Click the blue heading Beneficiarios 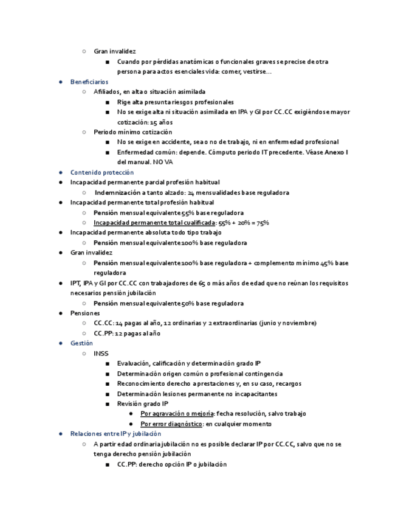[x=89, y=82]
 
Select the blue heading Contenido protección [x=101, y=172]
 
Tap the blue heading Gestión [x=81, y=343]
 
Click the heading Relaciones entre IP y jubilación [x=115, y=434]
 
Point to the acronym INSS [x=101, y=354]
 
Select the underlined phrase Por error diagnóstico [x=171, y=424]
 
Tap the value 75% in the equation [x=262, y=223]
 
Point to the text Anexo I [x=336, y=152]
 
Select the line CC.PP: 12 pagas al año [x=127, y=333]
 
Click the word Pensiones [x=84, y=313]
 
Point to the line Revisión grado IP [x=143, y=403]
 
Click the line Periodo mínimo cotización [x=132, y=132]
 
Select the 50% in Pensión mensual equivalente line [x=187, y=303]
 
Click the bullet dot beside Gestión [x=60, y=343]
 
